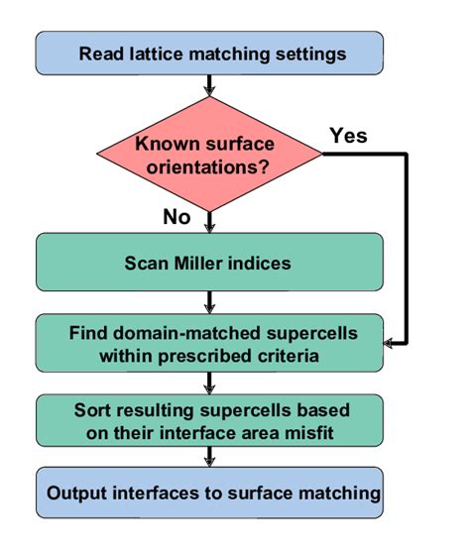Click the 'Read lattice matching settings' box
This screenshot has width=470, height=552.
[208, 53]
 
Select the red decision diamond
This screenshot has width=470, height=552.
[209, 153]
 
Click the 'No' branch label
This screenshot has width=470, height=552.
[176, 217]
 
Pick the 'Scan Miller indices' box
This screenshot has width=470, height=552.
[208, 263]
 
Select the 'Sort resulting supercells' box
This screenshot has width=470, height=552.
[208, 420]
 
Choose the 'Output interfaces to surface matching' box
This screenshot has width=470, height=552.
[208, 493]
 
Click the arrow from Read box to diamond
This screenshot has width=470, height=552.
[209, 86]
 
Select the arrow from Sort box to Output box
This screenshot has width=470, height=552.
[209, 457]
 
